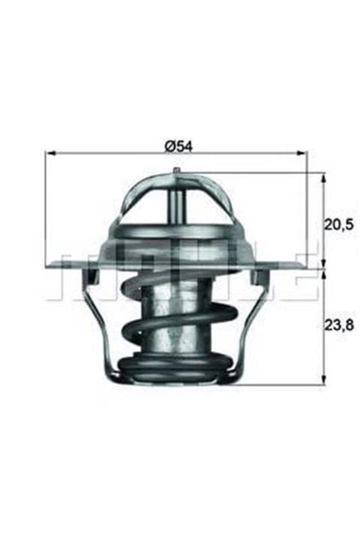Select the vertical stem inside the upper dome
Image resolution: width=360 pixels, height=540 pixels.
click(x=177, y=202)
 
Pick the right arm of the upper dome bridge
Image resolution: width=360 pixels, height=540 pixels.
click(x=220, y=199)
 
